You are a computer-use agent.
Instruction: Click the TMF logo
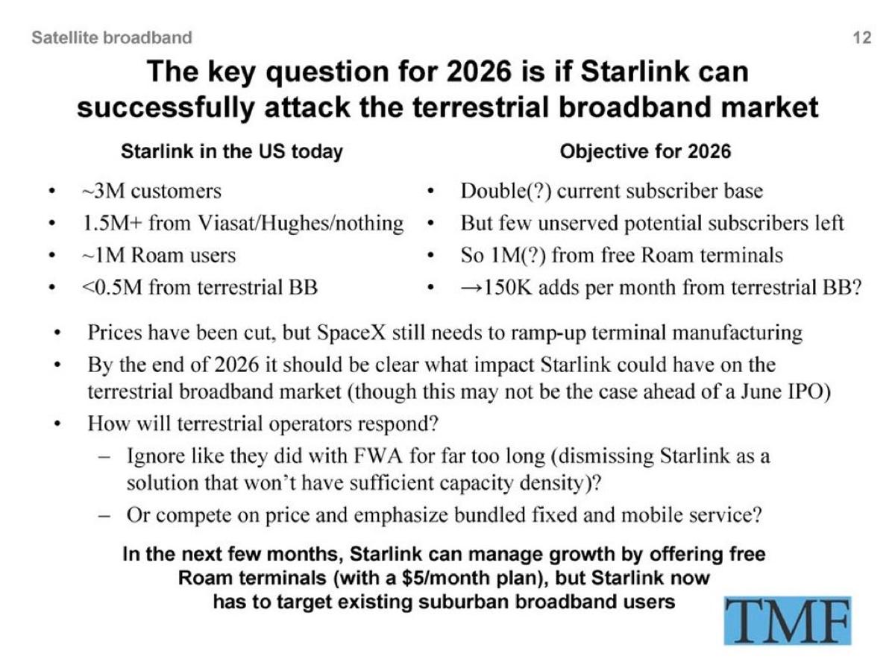pyautogui.click(x=787, y=620)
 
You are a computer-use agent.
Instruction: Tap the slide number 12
pyautogui.click(x=861, y=38)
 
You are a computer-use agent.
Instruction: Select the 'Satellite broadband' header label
pyautogui.click(x=112, y=37)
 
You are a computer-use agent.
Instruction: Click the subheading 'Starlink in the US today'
pyautogui.click(x=231, y=151)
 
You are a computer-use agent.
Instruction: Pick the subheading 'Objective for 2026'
pyautogui.click(x=645, y=151)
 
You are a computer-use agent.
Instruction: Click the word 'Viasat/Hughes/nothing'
pyautogui.click(x=301, y=223)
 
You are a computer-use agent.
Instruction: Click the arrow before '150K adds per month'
pyautogui.click(x=472, y=287)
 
